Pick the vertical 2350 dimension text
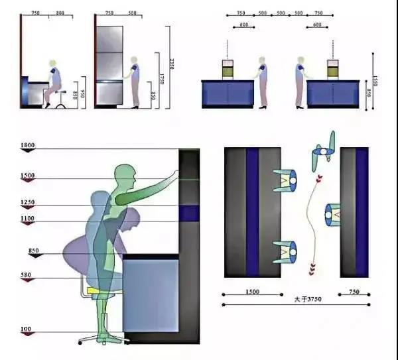tap(172, 64)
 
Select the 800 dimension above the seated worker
tap(60, 13)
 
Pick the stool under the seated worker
tap(60, 99)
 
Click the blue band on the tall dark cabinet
tap(189, 213)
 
